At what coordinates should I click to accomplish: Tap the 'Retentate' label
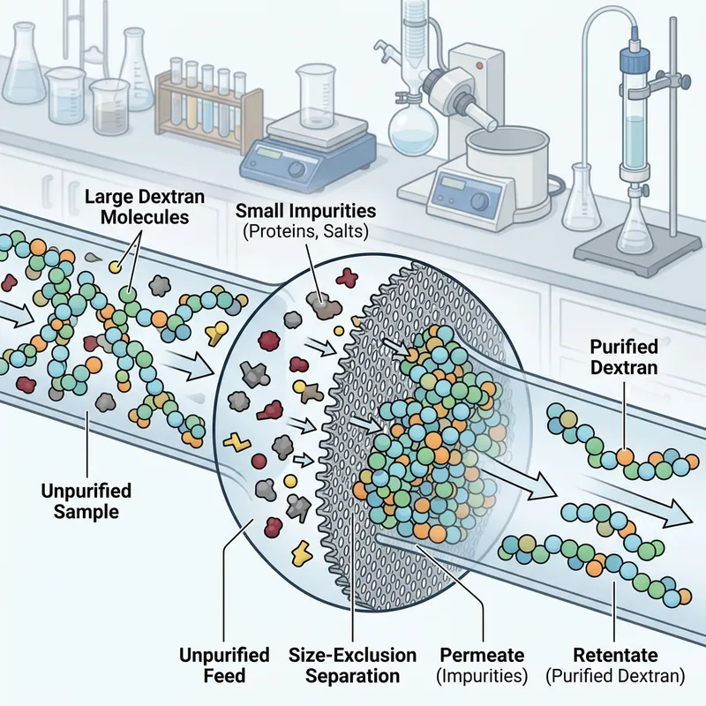[x=611, y=656]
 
